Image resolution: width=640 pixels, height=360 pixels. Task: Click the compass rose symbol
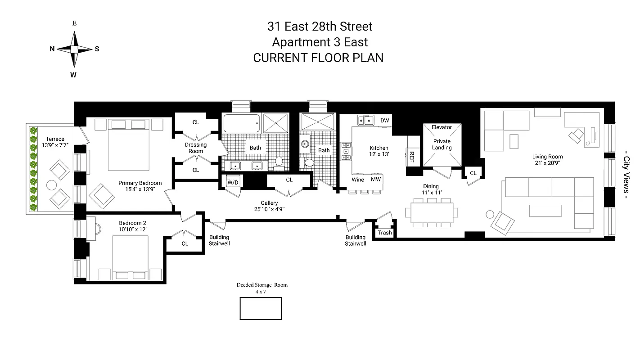[74, 49]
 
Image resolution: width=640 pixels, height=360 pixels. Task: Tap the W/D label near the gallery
[233, 182]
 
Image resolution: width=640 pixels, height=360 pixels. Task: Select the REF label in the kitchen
[411, 156]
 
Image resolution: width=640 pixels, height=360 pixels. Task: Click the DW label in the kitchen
[384, 121]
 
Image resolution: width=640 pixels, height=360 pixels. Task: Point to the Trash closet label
[384, 233]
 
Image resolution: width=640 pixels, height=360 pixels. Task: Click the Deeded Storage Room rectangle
[261, 309]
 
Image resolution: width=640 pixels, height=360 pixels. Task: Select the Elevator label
[442, 127]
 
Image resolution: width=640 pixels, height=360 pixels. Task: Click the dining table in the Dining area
[432, 212]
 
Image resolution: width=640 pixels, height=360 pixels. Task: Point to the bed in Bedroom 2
[130, 256]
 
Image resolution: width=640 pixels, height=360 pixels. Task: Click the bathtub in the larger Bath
[241, 123]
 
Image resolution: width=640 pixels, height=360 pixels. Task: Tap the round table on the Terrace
[51, 185]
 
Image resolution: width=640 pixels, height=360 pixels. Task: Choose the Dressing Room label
[196, 148]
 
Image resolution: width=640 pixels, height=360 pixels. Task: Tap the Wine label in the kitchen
[358, 180]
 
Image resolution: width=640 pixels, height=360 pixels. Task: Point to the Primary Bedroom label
[140, 183]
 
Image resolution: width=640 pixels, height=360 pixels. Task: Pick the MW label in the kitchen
[376, 180]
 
